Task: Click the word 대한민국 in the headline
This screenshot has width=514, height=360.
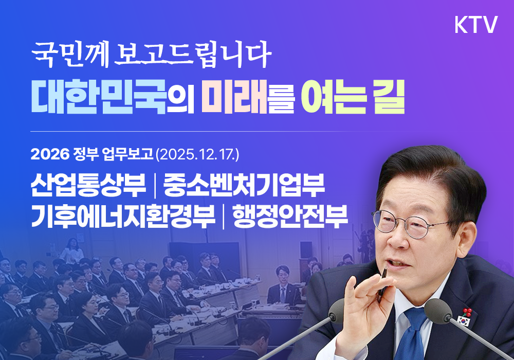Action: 99,96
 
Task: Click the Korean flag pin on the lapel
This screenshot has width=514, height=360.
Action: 463,321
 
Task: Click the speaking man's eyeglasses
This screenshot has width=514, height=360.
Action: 411,225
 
